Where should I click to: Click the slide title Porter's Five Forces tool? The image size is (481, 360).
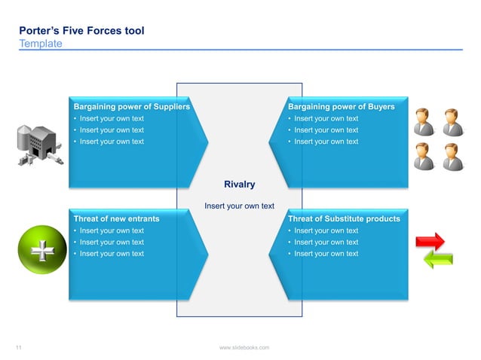[x=81, y=31]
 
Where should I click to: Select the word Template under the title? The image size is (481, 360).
[x=41, y=44]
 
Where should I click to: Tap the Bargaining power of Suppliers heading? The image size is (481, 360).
[x=131, y=107]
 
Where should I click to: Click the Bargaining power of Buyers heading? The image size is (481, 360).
[x=341, y=107]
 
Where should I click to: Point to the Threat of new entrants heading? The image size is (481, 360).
[x=116, y=218]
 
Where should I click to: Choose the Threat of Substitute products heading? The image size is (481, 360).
[x=344, y=218]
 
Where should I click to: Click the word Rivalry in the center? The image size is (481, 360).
[x=240, y=185]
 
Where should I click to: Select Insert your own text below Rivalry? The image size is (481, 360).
[x=240, y=206]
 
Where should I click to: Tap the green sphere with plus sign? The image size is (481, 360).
[x=42, y=249]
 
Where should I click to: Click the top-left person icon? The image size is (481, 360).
[x=424, y=121]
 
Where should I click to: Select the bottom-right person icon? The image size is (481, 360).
[x=452, y=157]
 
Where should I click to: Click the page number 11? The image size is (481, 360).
[x=19, y=347]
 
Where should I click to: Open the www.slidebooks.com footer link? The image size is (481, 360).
[x=244, y=347]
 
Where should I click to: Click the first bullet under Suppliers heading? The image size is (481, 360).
[x=111, y=119]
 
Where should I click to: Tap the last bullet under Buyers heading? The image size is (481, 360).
[x=326, y=142]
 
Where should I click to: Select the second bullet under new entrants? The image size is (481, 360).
[x=111, y=243]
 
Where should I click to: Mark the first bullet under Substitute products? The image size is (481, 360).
[x=326, y=230]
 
